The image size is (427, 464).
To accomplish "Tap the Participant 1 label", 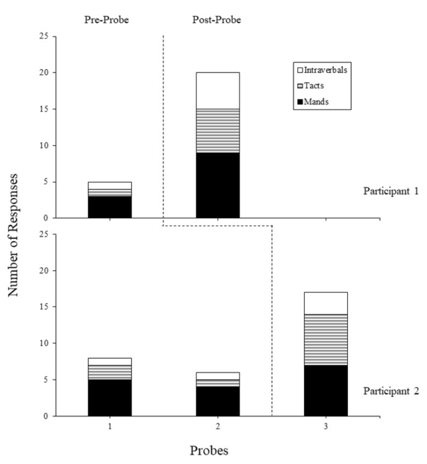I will (x=390, y=192).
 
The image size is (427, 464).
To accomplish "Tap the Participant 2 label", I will (x=390, y=390).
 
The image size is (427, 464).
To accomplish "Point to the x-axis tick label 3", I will (x=326, y=427).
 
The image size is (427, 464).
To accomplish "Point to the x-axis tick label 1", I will (x=110, y=427).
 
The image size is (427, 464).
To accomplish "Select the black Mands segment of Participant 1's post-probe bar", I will (x=217, y=185).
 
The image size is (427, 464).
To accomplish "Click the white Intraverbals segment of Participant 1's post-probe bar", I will (x=217, y=90).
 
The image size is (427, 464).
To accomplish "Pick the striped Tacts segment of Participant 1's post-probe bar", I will (x=217, y=131).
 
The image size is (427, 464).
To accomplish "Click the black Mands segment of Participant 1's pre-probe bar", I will (x=110, y=206).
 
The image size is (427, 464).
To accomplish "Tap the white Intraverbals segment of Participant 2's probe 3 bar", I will (x=326, y=303).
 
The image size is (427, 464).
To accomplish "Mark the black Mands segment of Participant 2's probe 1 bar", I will (x=110, y=398).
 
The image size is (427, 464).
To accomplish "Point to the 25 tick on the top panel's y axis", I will (x=45, y=36).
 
